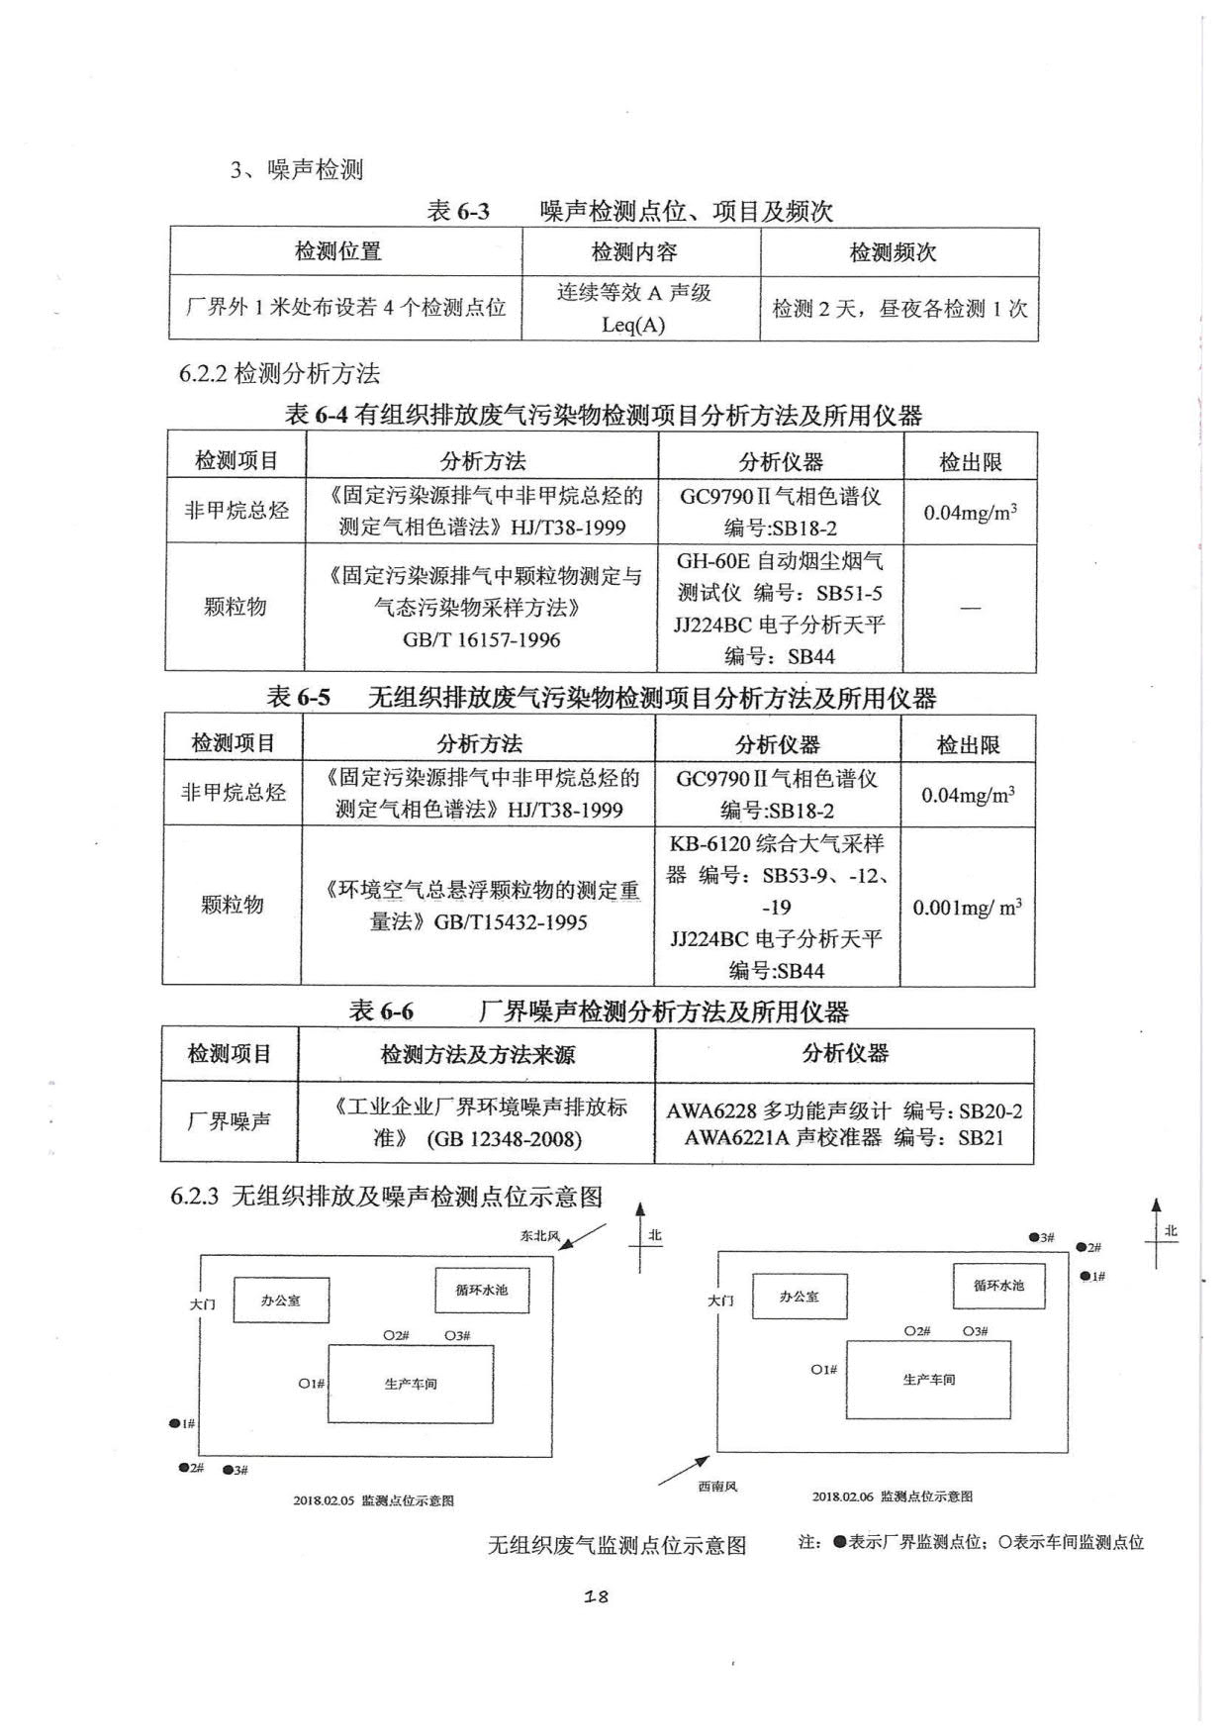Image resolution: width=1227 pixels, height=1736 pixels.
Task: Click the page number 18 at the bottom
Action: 596,1595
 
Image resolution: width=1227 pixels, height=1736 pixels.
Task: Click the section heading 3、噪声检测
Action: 297,170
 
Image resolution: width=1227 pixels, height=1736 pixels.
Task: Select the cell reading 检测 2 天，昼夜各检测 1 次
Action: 899,309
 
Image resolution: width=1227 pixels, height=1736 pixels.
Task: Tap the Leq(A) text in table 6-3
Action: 633,325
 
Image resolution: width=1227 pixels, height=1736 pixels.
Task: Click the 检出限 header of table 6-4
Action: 970,461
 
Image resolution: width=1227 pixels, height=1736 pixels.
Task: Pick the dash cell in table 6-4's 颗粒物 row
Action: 970,607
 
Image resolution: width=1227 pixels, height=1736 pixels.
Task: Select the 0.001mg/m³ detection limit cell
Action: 967,907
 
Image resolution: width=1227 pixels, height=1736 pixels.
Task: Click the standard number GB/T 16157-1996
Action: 482,639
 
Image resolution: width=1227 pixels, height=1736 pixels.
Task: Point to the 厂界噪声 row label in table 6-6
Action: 230,1121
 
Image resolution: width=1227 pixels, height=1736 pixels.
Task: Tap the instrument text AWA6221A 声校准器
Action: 783,1137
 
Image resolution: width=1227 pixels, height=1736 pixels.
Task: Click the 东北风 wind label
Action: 540,1235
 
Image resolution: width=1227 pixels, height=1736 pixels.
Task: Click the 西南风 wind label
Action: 717,1486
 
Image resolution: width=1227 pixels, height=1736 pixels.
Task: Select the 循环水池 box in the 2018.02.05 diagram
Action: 482,1291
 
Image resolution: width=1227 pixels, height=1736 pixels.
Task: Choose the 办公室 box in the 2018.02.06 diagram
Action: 800,1297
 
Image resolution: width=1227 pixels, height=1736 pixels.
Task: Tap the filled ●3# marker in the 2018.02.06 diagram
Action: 1041,1237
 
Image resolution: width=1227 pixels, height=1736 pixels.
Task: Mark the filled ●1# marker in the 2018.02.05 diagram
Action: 181,1423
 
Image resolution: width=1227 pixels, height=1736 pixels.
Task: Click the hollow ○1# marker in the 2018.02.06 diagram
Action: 823,1370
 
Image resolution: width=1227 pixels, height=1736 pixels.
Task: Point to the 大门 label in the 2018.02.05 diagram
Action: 203,1304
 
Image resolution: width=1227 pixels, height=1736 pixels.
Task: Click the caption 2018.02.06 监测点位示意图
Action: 893,1496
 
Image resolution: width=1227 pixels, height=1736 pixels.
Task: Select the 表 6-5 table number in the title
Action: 299,698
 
